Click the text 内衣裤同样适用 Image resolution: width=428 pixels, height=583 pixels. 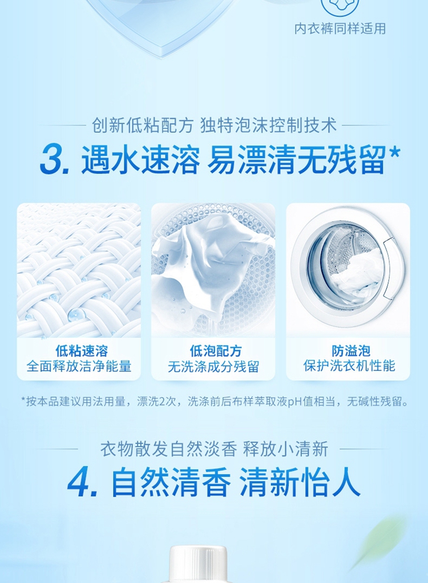[340, 29]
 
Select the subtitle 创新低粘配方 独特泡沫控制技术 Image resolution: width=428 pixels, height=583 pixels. [214, 125]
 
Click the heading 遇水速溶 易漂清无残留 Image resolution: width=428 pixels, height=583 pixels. [233, 160]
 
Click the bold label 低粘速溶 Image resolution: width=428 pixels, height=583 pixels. [82, 350]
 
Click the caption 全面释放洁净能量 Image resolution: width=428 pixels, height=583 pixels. [79, 366]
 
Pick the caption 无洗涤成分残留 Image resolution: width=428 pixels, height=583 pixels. [213, 367]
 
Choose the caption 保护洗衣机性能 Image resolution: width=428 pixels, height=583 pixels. [349, 366]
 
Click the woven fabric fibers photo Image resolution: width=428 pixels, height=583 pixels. [79, 270]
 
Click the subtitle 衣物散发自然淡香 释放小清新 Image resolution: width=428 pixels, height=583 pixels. [214, 449]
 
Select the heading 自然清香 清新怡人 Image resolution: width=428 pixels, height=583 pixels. [236, 482]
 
